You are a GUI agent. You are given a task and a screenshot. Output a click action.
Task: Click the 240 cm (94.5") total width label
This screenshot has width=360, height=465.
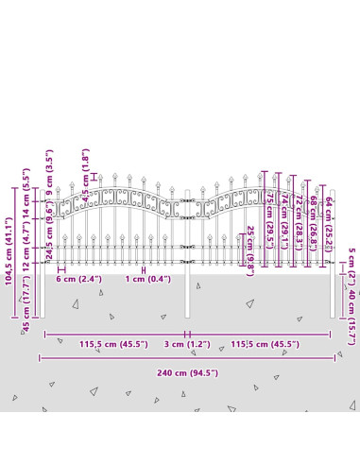188,372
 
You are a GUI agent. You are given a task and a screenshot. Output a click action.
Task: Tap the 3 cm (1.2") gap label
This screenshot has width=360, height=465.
187,345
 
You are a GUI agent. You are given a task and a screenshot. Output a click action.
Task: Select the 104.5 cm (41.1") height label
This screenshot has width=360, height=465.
9,250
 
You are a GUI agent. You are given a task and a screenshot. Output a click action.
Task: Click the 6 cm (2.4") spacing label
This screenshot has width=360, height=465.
77,280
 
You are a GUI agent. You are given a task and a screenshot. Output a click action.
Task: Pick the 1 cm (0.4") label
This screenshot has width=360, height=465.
147,280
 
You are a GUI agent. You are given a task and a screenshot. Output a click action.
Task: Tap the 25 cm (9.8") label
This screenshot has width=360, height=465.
250,250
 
